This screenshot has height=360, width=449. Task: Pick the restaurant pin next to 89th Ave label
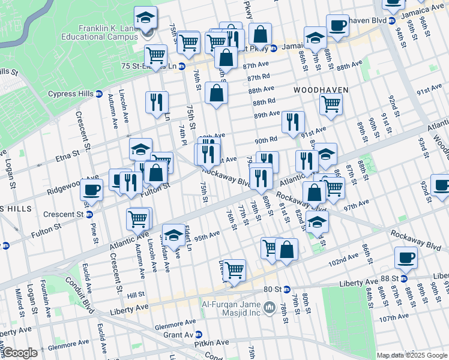pyautogui.click(x=293, y=122)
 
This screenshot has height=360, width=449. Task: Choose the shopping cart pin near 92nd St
pyautogui.click(x=331, y=104)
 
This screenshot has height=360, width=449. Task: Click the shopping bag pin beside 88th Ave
pyautogui.click(x=216, y=94)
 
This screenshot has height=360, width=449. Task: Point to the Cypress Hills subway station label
pyautogui.click(x=73, y=94)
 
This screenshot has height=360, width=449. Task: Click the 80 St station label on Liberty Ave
pyautogui.click(x=273, y=290)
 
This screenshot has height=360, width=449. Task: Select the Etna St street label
pyautogui.click(x=67, y=157)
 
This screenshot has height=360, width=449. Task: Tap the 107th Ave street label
pyautogui.click(x=395, y=317)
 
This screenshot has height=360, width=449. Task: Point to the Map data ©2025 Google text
pyautogui.click(x=411, y=355)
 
